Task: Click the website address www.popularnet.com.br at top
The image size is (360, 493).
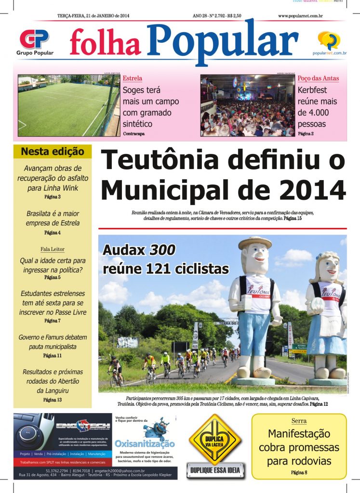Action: click(x=300, y=16)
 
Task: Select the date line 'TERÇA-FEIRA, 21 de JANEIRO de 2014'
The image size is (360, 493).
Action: click(x=93, y=16)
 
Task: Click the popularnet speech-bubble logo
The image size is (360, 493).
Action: click(x=329, y=40)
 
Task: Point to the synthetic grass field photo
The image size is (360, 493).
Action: click(x=68, y=105)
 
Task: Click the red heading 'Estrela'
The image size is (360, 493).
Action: click(x=133, y=78)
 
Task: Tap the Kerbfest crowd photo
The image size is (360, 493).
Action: click(x=247, y=105)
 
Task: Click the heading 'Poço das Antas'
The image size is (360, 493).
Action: click(x=318, y=78)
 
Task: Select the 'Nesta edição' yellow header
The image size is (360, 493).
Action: click(x=53, y=152)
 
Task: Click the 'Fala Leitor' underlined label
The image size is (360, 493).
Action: click(x=53, y=249)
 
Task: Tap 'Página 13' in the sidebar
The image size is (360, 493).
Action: click(x=53, y=400)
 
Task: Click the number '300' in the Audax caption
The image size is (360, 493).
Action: click(x=162, y=250)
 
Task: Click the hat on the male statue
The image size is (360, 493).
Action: click(x=254, y=242)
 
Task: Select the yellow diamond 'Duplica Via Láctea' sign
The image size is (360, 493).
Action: click(x=214, y=439)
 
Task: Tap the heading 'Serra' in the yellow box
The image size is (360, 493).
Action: click(x=299, y=421)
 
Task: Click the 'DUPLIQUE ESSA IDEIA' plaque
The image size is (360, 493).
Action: click(x=215, y=470)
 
